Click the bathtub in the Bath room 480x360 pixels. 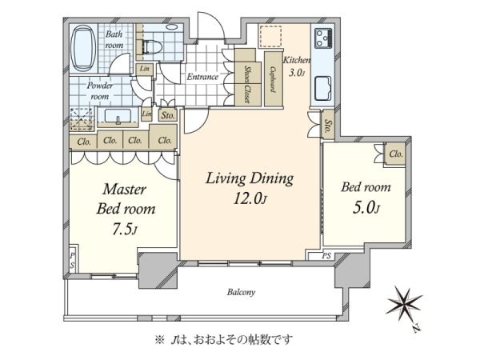tap(83, 48)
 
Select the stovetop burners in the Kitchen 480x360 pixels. tap(323, 38)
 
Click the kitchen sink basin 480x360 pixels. tap(323, 89)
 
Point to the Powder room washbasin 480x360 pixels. tap(118, 116)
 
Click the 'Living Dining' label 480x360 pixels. tap(250, 178)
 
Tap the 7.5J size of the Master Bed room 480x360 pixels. tap(124, 229)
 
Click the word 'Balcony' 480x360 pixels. tap(241, 292)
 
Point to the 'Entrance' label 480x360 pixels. tap(202, 77)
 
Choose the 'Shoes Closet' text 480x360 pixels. tap(248, 84)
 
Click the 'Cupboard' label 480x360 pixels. tap(273, 80)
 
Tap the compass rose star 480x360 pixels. tap(403, 302)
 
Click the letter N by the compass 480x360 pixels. tap(415, 329)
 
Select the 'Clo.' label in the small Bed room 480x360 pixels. tap(396, 154)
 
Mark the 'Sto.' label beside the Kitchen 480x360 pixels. tap(328, 126)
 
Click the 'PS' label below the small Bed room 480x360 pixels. tap(326, 256)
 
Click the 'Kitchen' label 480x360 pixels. tap(297, 60)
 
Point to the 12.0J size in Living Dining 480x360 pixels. tap(250, 199)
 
